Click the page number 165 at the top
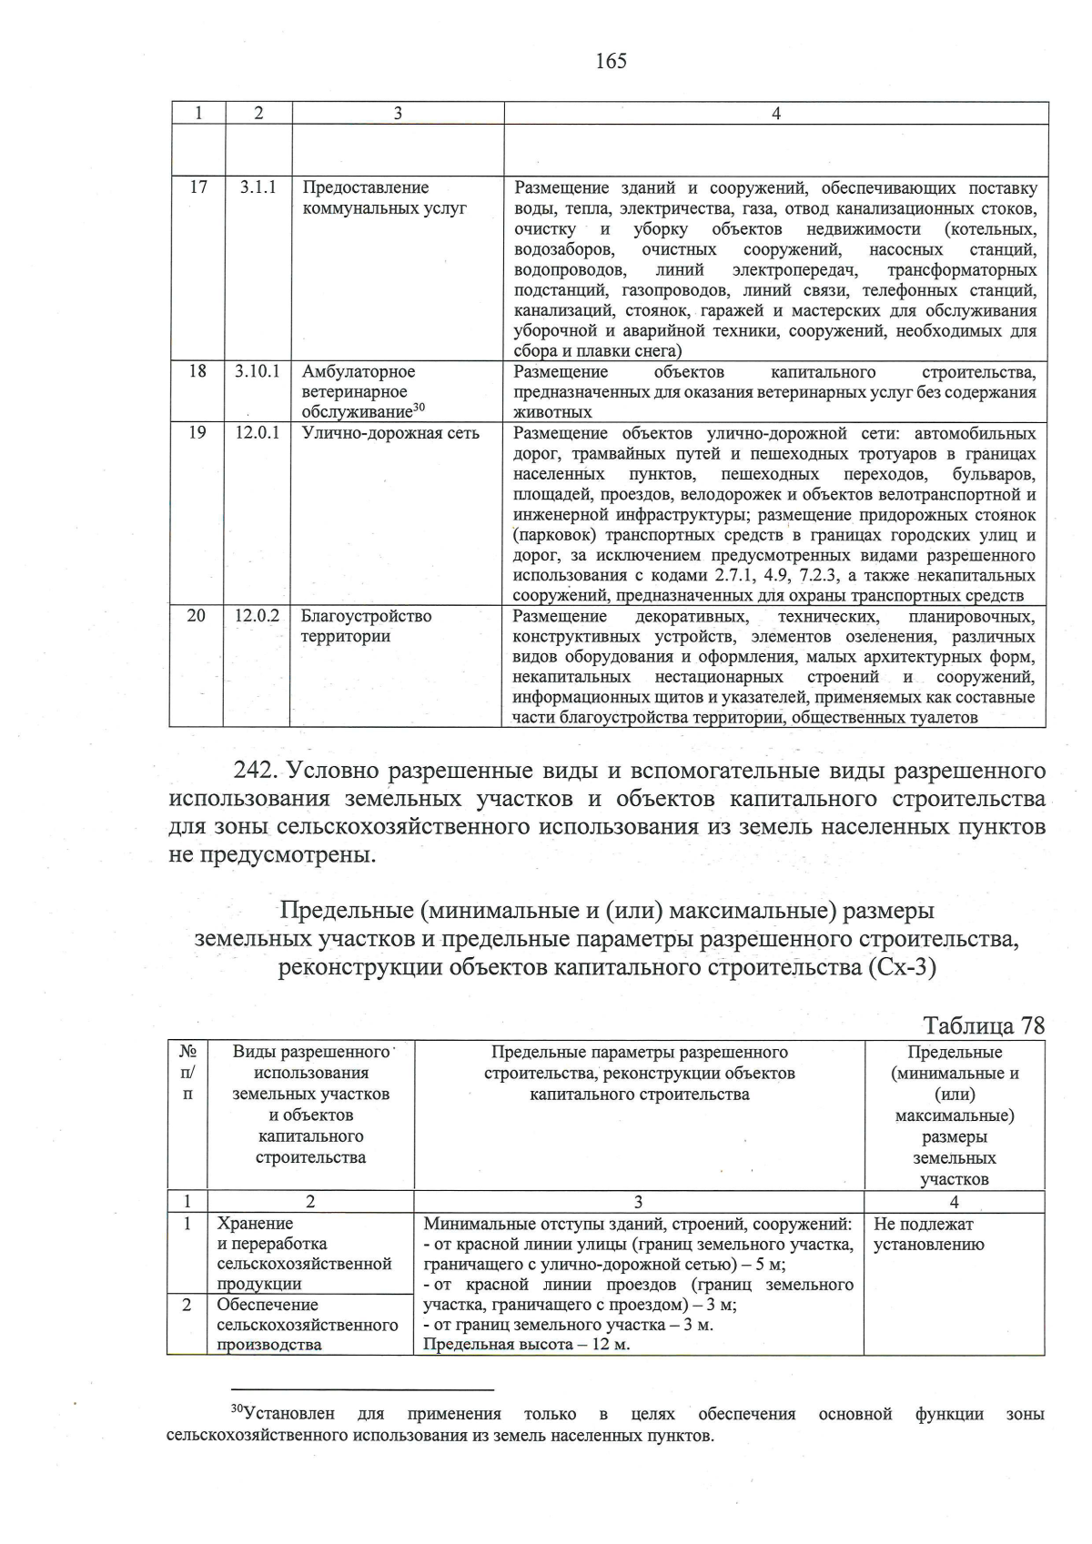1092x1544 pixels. pyautogui.click(x=611, y=61)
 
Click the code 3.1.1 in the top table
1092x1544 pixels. pyautogui.click(x=258, y=187)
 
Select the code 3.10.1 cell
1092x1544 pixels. pyautogui.click(x=258, y=371)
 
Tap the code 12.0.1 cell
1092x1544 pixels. pyautogui.click(x=258, y=433)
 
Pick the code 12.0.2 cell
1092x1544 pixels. pyautogui.click(x=258, y=616)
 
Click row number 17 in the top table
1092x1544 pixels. pyautogui.click(x=197, y=187)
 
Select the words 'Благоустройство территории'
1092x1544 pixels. pyautogui.click(x=366, y=626)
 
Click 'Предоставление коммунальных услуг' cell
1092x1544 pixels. pyautogui.click(x=383, y=197)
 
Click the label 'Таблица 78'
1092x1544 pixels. pyautogui.click(x=984, y=1025)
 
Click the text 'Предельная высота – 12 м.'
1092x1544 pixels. pyautogui.click(x=527, y=1345)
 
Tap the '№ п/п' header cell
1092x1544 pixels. pyautogui.click(x=187, y=1073)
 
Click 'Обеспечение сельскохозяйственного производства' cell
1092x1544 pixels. pyautogui.click(x=307, y=1325)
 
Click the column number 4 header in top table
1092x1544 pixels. pyautogui.click(x=775, y=113)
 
